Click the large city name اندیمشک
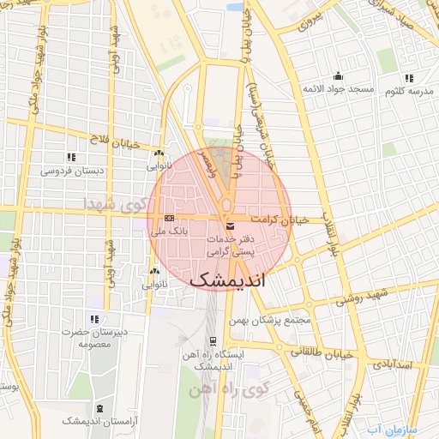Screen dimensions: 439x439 pos(227,280)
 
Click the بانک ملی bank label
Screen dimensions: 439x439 pos(169,231)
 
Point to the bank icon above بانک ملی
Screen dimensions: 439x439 pos(169,218)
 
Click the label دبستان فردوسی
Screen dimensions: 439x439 pos(72,171)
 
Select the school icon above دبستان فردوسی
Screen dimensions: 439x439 pos(71,156)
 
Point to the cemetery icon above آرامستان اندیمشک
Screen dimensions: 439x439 pos(101,408)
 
